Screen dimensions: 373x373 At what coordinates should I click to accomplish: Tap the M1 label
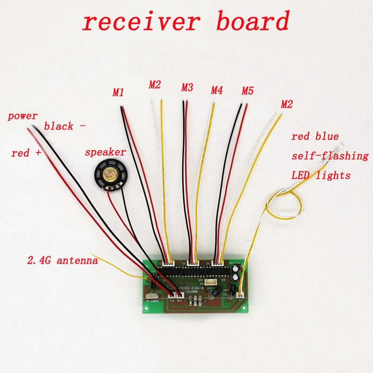point(118,93)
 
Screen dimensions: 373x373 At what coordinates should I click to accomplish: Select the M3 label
point(187,87)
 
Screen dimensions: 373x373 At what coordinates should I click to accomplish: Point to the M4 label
point(217,90)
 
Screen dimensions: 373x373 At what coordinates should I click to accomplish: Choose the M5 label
point(247,91)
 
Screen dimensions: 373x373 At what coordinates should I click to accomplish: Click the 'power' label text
point(22,116)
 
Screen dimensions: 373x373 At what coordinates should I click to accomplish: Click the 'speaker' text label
point(105,152)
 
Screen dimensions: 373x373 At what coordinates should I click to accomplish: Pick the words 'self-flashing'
point(330,156)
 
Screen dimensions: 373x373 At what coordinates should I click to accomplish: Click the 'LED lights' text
point(321,176)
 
